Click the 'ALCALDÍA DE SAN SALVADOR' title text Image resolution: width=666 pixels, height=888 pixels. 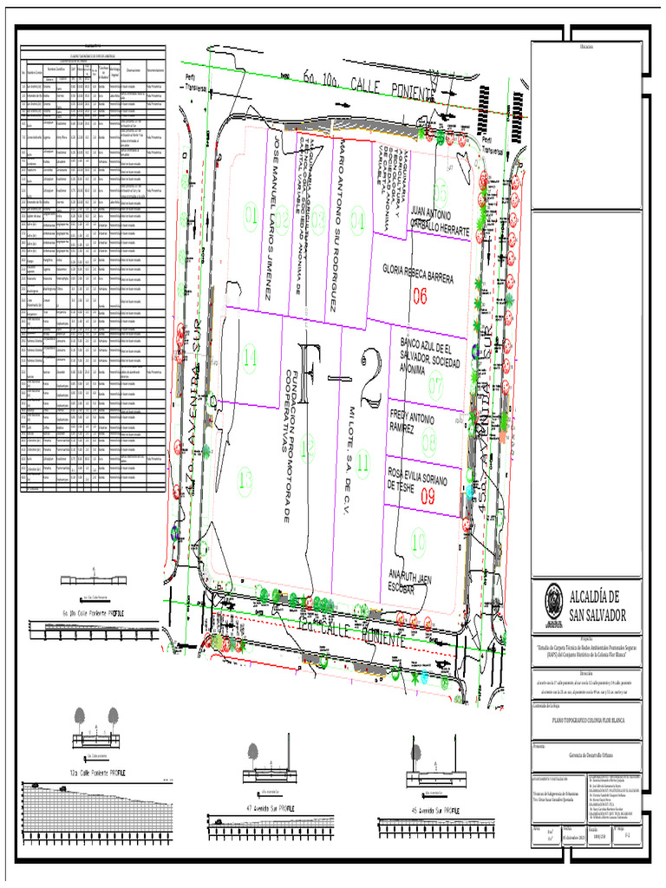tap(595, 604)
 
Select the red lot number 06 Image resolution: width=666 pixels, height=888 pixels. tap(421, 296)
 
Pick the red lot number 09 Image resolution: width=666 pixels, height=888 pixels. tap(428, 497)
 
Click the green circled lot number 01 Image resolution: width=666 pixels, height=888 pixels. tap(251, 215)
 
